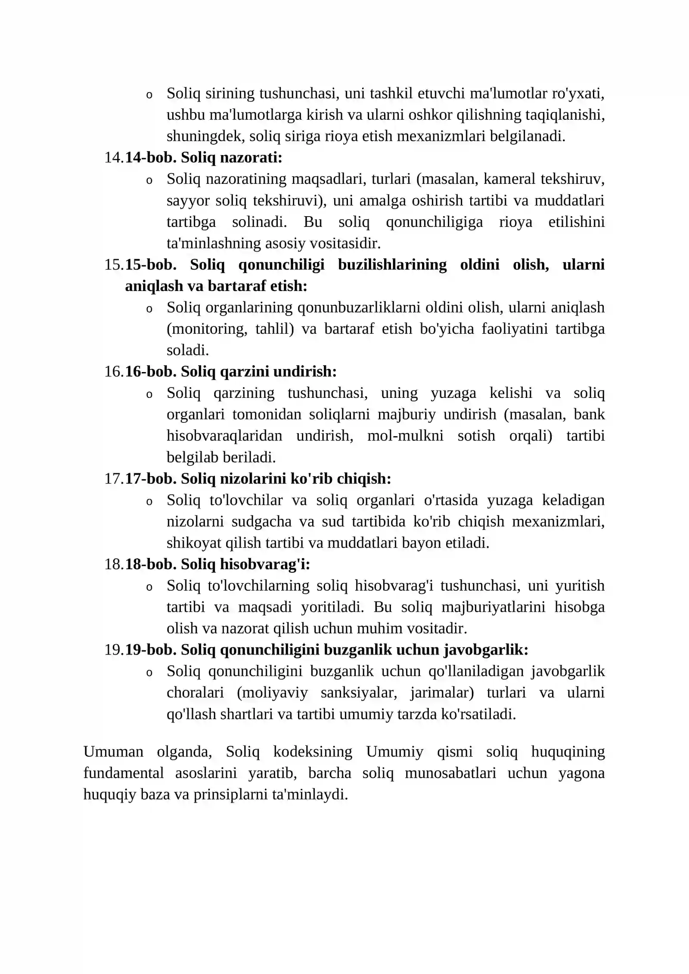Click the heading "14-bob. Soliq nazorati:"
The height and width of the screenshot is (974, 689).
204,158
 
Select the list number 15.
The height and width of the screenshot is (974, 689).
114,264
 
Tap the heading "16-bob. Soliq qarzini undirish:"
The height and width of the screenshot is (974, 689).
231,371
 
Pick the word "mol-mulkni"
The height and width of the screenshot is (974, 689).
405,435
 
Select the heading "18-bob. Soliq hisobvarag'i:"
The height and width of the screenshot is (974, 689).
217,564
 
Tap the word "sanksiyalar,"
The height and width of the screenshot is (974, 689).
359,692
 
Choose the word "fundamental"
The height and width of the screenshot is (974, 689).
124,773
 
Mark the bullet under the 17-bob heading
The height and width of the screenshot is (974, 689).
149,502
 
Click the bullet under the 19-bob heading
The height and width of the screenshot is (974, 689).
149,673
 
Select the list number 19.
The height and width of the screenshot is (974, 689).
114,650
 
